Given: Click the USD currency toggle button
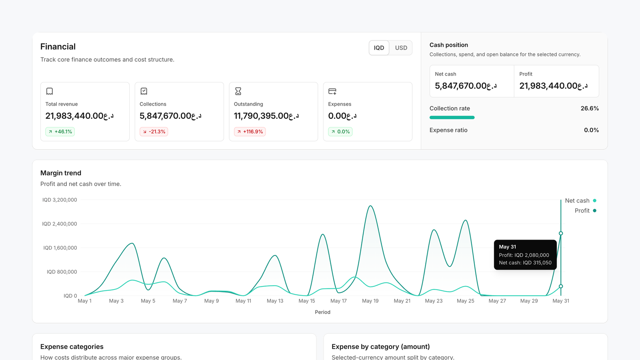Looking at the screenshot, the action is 401,48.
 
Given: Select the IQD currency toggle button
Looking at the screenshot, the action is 379,48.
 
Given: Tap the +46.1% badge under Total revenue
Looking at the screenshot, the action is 60,132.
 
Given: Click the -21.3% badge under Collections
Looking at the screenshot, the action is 154,132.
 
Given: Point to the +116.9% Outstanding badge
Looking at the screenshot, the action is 250,132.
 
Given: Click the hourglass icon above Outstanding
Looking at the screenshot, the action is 238,91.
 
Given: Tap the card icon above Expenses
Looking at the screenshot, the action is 332,92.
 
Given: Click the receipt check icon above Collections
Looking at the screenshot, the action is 144,91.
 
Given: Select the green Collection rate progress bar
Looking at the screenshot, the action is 452,118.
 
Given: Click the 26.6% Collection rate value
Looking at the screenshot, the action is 590,108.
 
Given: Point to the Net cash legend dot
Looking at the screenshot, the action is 594,200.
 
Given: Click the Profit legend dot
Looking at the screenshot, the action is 594,210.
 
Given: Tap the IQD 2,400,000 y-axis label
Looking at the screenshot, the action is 60,224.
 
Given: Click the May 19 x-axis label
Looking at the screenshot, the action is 370,301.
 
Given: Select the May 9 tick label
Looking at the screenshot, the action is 212,301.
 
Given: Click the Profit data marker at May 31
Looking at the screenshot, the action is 561,234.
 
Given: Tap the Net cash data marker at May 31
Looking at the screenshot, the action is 561,286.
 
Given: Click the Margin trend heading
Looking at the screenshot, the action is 60,173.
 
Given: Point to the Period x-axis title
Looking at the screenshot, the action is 322,312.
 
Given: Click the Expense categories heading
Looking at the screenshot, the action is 72,347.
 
